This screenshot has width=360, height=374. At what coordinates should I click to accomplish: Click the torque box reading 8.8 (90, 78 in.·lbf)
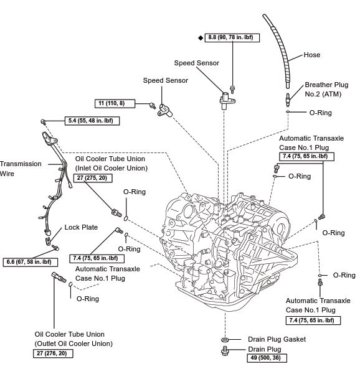point(232,37)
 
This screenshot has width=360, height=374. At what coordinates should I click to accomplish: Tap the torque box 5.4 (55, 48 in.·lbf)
point(92,121)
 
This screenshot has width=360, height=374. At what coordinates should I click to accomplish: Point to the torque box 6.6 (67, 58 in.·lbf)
point(31,262)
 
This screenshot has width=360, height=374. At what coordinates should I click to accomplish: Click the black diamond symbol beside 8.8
point(201,38)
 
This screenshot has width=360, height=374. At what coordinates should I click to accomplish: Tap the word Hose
point(312,55)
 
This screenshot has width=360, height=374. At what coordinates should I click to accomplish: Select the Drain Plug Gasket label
point(277,339)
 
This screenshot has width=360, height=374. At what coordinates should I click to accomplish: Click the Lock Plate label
point(81,227)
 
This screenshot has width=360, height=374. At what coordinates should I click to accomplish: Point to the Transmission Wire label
point(21,169)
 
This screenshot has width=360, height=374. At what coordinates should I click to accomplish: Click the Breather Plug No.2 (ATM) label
point(326,89)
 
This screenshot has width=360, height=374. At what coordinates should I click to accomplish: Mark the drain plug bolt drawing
point(225,351)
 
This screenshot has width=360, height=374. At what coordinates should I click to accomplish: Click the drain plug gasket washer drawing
point(225,339)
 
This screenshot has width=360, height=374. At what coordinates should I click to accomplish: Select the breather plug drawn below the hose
point(288,100)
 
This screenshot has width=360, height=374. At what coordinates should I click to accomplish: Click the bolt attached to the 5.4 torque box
point(43,121)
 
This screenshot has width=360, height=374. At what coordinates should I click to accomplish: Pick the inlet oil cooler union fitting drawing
point(116,213)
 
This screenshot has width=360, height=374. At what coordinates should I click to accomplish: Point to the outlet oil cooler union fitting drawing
point(59,277)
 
